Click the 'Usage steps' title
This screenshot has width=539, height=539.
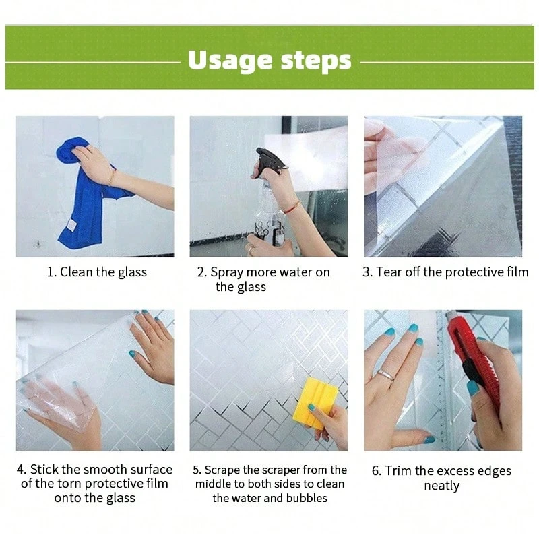(x=269, y=61)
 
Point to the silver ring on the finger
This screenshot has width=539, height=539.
(x=386, y=375)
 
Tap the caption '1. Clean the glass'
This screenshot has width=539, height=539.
(x=97, y=272)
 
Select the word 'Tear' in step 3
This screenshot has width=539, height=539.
(x=389, y=272)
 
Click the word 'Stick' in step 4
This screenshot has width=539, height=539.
(x=44, y=469)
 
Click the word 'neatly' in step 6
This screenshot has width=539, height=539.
(x=442, y=486)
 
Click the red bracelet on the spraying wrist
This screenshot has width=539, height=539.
(x=292, y=207)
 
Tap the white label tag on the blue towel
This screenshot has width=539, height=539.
(x=71, y=225)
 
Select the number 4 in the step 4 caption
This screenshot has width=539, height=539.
(x=20, y=469)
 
